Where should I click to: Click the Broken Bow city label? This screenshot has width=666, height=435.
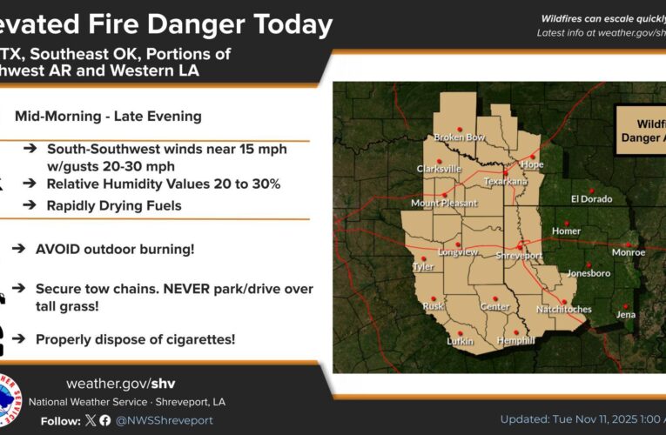point(460,137)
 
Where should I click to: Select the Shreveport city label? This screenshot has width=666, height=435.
point(519,256)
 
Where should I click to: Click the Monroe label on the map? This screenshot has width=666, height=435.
point(629,253)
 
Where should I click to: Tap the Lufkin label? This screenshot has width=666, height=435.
point(460,341)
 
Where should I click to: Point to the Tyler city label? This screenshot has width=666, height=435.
point(423,268)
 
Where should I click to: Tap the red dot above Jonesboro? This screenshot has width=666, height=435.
point(589,264)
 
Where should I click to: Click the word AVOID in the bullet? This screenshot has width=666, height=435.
point(57,249)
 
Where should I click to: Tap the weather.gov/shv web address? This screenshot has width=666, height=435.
point(120,384)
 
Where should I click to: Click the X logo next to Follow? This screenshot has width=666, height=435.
point(90,420)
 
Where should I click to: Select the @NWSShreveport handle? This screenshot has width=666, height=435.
point(165,420)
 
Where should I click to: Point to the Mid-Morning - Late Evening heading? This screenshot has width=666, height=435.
point(108,117)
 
